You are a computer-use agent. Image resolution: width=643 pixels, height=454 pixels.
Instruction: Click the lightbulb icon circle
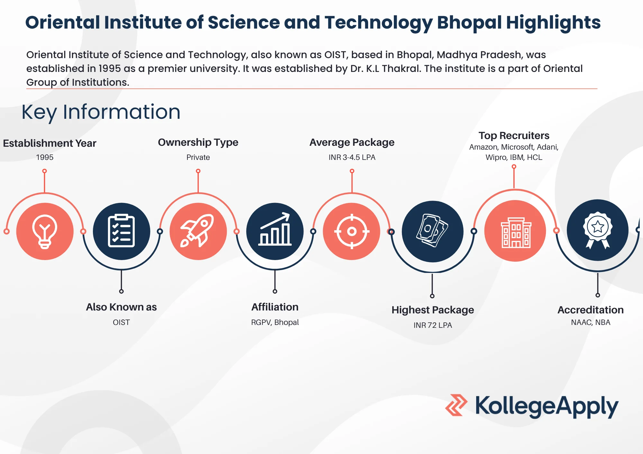pyautogui.click(x=45, y=231)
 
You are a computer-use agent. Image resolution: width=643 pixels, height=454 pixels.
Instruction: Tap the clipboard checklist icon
pyautogui.click(x=121, y=231)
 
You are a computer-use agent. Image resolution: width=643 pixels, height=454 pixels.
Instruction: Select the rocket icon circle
pyautogui.click(x=198, y=231)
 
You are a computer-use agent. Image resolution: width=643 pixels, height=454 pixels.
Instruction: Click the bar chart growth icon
pyautogui.click(x=275, y=231)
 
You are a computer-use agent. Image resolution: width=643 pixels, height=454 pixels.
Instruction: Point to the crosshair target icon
pyautogui.click(x=352, y=231)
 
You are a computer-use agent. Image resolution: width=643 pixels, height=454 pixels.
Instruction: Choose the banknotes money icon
pyautogui.click(x=432, y=231)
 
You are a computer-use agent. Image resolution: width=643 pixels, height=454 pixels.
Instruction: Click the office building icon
pyautogui.click(x=515, y=231)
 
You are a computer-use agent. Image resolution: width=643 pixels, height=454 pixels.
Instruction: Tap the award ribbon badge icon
pyautogui.click(x=597, y=230)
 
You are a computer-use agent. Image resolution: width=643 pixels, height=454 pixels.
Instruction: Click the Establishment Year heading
pyautogui.click(x=50, y=143)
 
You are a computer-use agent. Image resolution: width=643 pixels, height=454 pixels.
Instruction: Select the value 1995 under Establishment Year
pyautogui.click(x=45, y=157)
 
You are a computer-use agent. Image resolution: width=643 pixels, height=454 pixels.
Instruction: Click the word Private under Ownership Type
pyautogui.click(x=198, y=157)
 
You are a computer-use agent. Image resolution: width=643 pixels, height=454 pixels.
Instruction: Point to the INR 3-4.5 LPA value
pyautogui.click(x=352, y=157)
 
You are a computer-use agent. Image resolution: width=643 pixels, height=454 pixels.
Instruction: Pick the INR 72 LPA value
pyautogui.click(x=433, y=325)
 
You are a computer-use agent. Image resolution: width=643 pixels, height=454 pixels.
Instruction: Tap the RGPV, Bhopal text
pyautogui.click(x=275, y=322)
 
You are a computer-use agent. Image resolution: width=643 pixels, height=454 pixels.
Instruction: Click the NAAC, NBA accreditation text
pyautogui.click(x=591, y=322)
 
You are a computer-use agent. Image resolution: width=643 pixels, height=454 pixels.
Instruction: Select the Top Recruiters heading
pyautogui.click(x=514, y=135)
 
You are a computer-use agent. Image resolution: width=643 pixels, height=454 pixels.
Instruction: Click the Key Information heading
pyautogui.click(x=101, y=112)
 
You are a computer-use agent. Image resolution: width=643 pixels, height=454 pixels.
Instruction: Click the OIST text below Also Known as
pyautogui.click(x=121, y=322)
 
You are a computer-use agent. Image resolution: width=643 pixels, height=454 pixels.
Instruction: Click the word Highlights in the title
pyautogui.click(x=553, y=22)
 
